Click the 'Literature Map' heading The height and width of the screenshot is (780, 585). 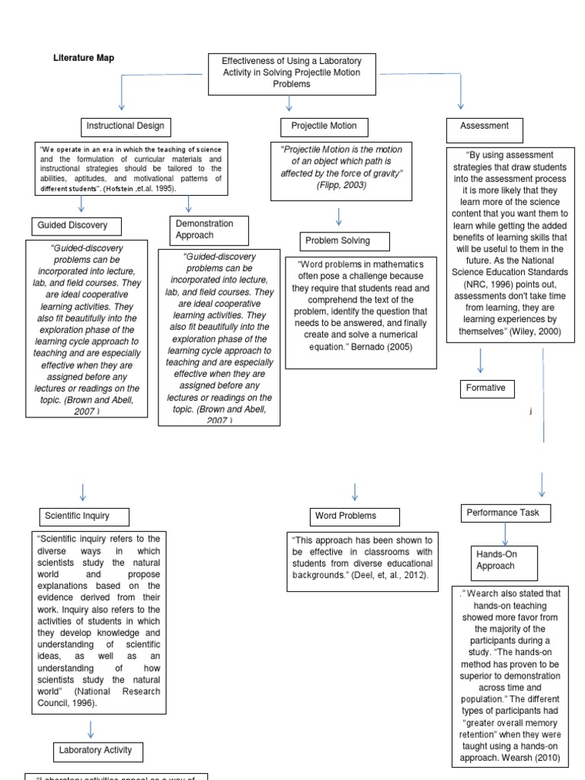pos(84,58)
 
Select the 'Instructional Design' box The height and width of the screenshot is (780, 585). pos(125,126)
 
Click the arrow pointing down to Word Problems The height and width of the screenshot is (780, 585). pos(355,491)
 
